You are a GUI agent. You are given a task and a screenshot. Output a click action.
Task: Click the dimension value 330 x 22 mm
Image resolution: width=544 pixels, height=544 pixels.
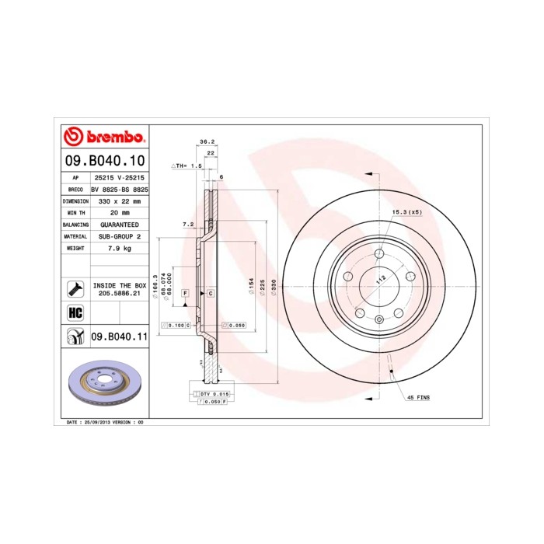120,201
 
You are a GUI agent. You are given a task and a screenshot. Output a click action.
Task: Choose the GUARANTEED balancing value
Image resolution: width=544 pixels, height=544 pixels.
120,224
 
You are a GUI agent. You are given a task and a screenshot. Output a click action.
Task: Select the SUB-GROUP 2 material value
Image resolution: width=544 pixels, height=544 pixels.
120,235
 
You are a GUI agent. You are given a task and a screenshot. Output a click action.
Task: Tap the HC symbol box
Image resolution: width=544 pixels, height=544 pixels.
75,312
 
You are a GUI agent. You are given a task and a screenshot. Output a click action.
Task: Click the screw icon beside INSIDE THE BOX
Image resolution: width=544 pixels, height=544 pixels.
75,288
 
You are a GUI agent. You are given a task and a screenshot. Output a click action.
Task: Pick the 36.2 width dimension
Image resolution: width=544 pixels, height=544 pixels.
207,142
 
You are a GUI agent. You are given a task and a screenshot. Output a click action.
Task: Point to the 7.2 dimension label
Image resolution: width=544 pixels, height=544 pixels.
187,225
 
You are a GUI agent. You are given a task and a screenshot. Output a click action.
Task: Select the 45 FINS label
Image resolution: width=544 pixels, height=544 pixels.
418,398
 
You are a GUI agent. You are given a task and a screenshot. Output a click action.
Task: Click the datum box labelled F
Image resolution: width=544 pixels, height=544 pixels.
186,293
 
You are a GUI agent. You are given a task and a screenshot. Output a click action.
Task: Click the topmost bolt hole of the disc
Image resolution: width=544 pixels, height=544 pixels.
378,254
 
